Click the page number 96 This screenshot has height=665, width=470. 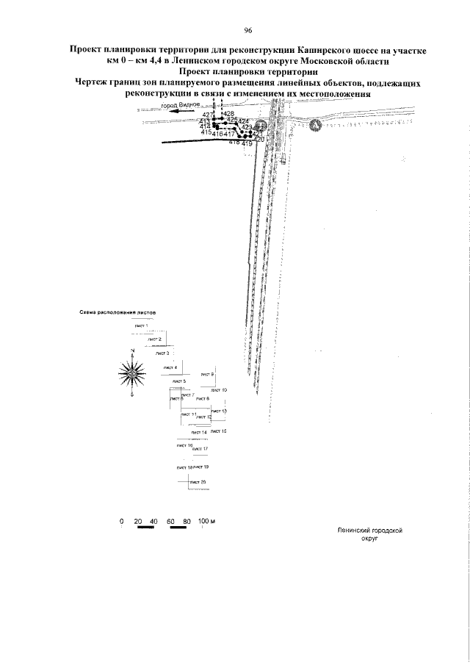tap(247, 30)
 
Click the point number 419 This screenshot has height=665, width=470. tap(247, 144)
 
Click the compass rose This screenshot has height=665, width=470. tap(131, 373)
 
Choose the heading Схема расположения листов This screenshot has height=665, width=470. tap(117, 312)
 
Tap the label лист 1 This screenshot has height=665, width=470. tap(141, 325)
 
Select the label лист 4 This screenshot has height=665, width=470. tap(170, 367)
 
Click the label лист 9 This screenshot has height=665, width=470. tap(207, 375)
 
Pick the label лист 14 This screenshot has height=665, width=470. tap(199, 432)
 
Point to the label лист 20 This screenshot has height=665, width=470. tap(198, 481)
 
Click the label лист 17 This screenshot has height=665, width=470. tap(200, 449)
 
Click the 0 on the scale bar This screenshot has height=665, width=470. tap(121, 521)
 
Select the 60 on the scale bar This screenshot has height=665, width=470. tap(170, 521)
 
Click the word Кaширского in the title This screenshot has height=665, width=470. tap(324, 46)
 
